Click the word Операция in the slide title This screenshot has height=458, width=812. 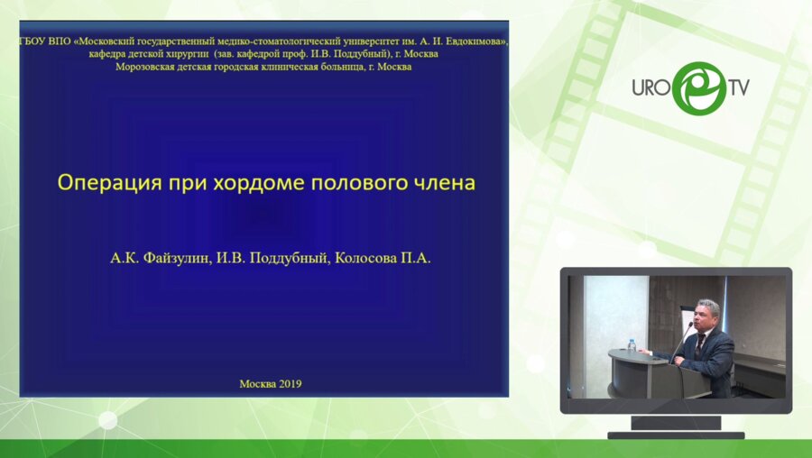click(x=106, y=183)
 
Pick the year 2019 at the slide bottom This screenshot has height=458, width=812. click(x=287, y=383)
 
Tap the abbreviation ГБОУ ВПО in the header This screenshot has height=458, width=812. click(x=45, y=41)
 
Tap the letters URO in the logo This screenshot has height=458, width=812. click(x=649, y=88)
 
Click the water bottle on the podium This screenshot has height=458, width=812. click(x=632, y=345)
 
